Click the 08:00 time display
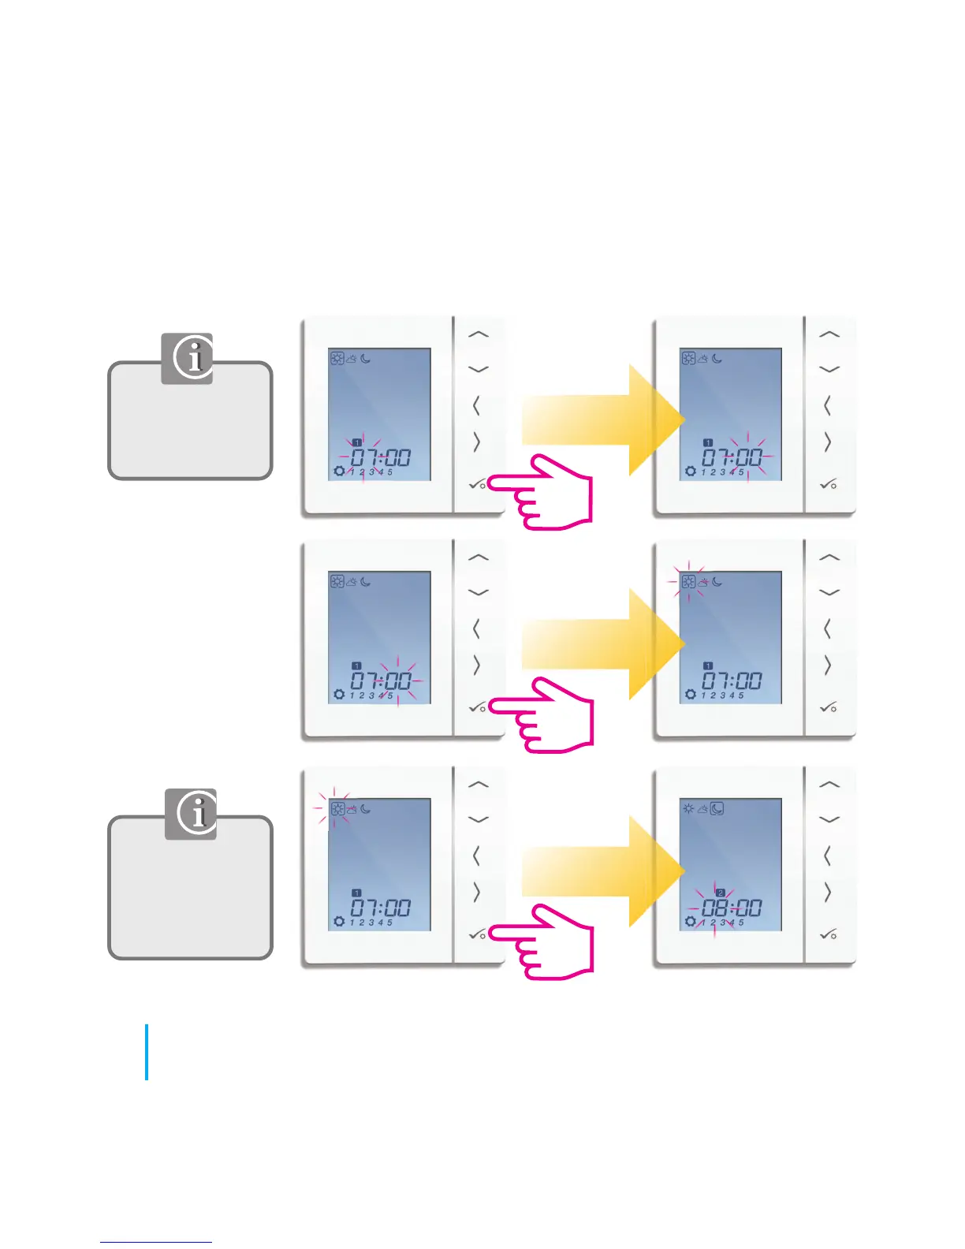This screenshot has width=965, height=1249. (732, 908)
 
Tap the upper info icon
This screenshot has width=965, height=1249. (187, 358)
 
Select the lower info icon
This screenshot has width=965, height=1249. (191, 814)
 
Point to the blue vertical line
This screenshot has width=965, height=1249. (147, 1052)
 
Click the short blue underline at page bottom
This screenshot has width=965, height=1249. (156, 1242)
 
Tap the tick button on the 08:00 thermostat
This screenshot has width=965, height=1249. (829, 934)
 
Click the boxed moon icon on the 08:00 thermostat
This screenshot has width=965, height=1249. (717, 808)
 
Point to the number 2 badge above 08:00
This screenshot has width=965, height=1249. (720, 893)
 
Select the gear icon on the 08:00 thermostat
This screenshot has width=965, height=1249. (691, 922)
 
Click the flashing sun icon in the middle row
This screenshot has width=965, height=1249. (688, 582)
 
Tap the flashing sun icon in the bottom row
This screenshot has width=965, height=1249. (337, 809)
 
